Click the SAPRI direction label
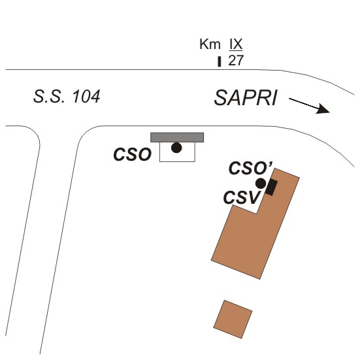pos(246,98)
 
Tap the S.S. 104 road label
pos(67,97)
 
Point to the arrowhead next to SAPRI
pos(323,109)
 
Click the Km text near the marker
pos(210,44)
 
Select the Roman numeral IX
pos(236,44)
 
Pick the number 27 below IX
pos(236,61)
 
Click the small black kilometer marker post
pos(220,61)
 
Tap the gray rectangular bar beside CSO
pos(177,137)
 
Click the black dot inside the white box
pos(176,148)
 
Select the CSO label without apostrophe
pos(133,154)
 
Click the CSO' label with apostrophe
pos(251,168)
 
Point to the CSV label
pos(241,197)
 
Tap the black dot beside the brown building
pos(261,184)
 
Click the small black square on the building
pos(271,188)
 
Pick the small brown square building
pos(233,319)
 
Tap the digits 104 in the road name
pos(86,97)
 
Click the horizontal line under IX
pos(236,50)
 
